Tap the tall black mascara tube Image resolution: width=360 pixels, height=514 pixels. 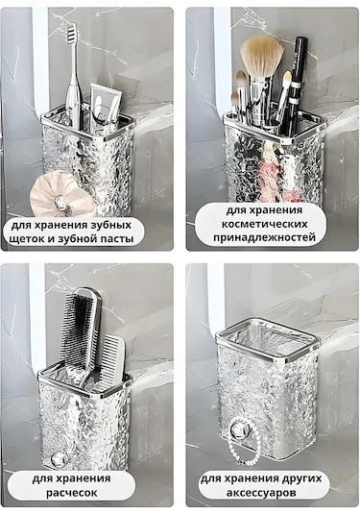[x=300, y=77]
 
